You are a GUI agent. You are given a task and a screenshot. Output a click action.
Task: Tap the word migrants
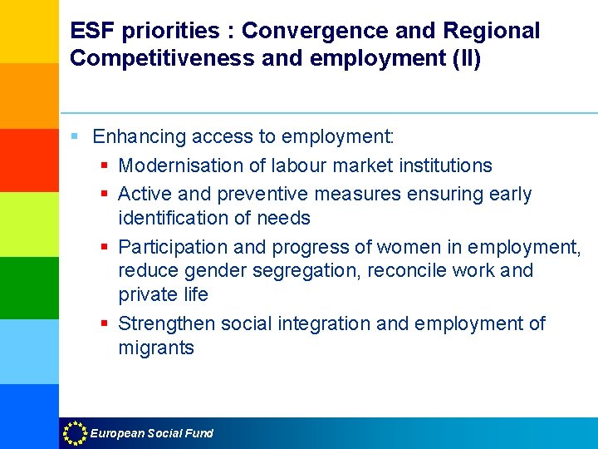pyautogui.click(x=156, y=348)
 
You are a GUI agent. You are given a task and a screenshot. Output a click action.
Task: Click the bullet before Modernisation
pyautogui.click(x=105, y=166)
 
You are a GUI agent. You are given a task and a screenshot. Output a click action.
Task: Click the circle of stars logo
pyautogui.click(x=75, y=432)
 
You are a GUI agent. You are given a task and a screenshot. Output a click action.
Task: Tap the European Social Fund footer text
pyautogui.click(x=151, y=433)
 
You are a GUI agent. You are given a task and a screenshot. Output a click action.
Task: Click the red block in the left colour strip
pyautogui.click(x=29, y=160)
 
